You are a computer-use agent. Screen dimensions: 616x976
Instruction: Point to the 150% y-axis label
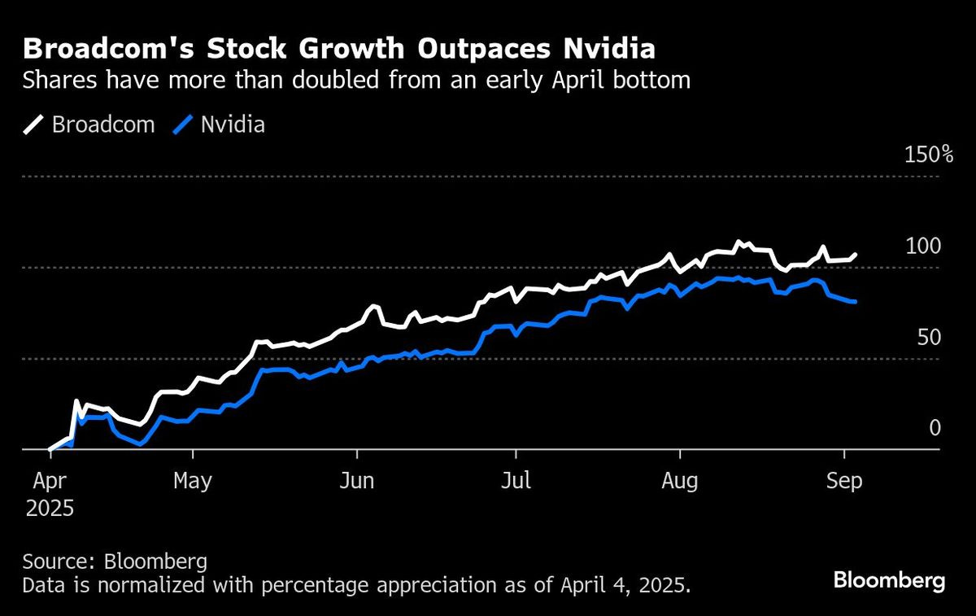click(x=922, y=155)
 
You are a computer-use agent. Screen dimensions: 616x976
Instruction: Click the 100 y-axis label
click(x=923, y=246)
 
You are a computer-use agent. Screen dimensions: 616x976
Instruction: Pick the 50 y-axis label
click(x=929, y=337)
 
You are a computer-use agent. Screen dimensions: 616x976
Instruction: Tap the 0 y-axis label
click(x=935, y=428)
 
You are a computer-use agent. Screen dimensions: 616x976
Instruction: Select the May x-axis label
click(x=192, y=481)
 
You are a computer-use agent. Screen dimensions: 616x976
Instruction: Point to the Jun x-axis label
click(x=356, y=481)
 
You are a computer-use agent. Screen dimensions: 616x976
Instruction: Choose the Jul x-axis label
click(x=516, y=481)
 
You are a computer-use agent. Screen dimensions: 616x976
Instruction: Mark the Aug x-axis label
click(x=680, y=481)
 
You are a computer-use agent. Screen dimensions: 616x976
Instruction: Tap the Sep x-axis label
click(x=844, y=481)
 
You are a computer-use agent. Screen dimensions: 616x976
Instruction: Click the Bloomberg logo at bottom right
click(x=889, y=580)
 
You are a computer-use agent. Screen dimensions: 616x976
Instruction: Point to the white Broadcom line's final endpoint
click(x=855, y=255)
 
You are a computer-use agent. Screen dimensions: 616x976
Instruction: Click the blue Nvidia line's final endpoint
click(x=855, y=302)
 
